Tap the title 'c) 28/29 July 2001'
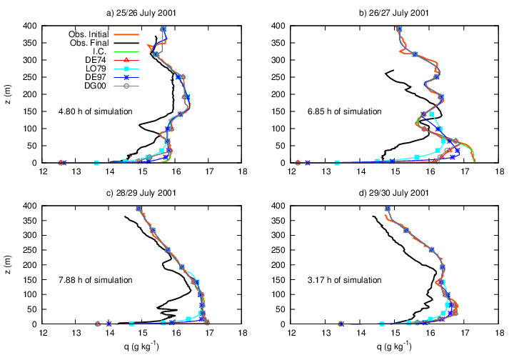point(143,193)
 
